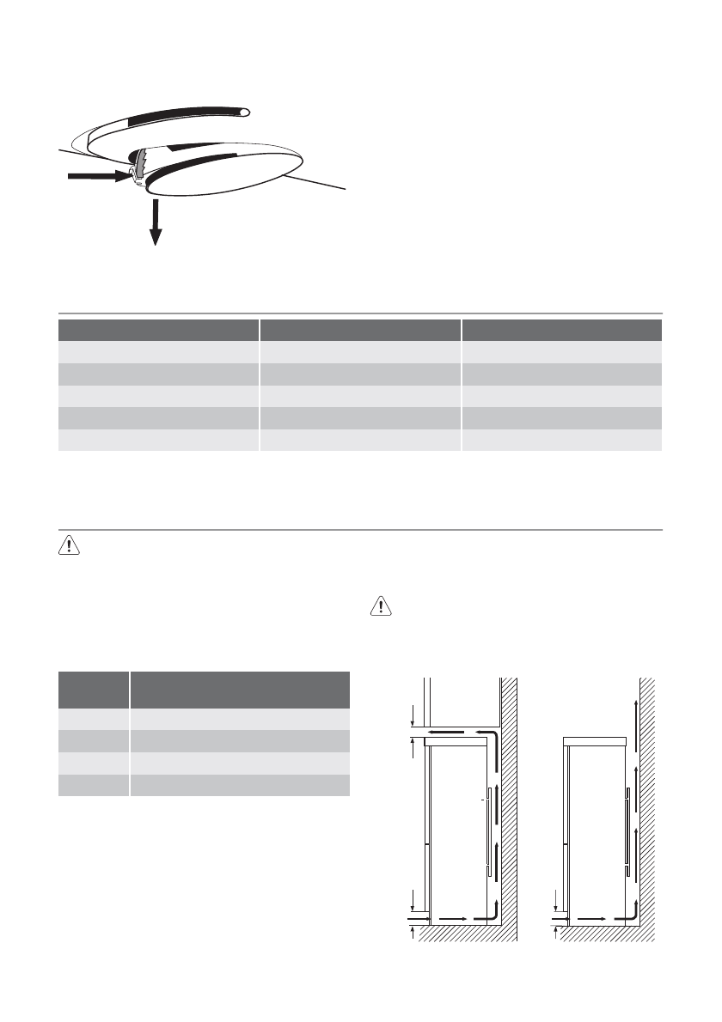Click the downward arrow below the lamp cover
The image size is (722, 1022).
[156, 222]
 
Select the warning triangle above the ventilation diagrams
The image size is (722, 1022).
[379, 606]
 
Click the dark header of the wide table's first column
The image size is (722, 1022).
[158, 332]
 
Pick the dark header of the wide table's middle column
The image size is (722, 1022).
[360, 332]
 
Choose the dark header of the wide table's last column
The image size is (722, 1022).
[561, 332]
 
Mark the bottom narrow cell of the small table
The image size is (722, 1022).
[93, 785]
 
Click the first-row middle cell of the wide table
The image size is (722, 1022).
[360, 353]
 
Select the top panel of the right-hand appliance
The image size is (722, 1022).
[594, 740]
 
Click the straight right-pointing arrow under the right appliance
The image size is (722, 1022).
[589, 918]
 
